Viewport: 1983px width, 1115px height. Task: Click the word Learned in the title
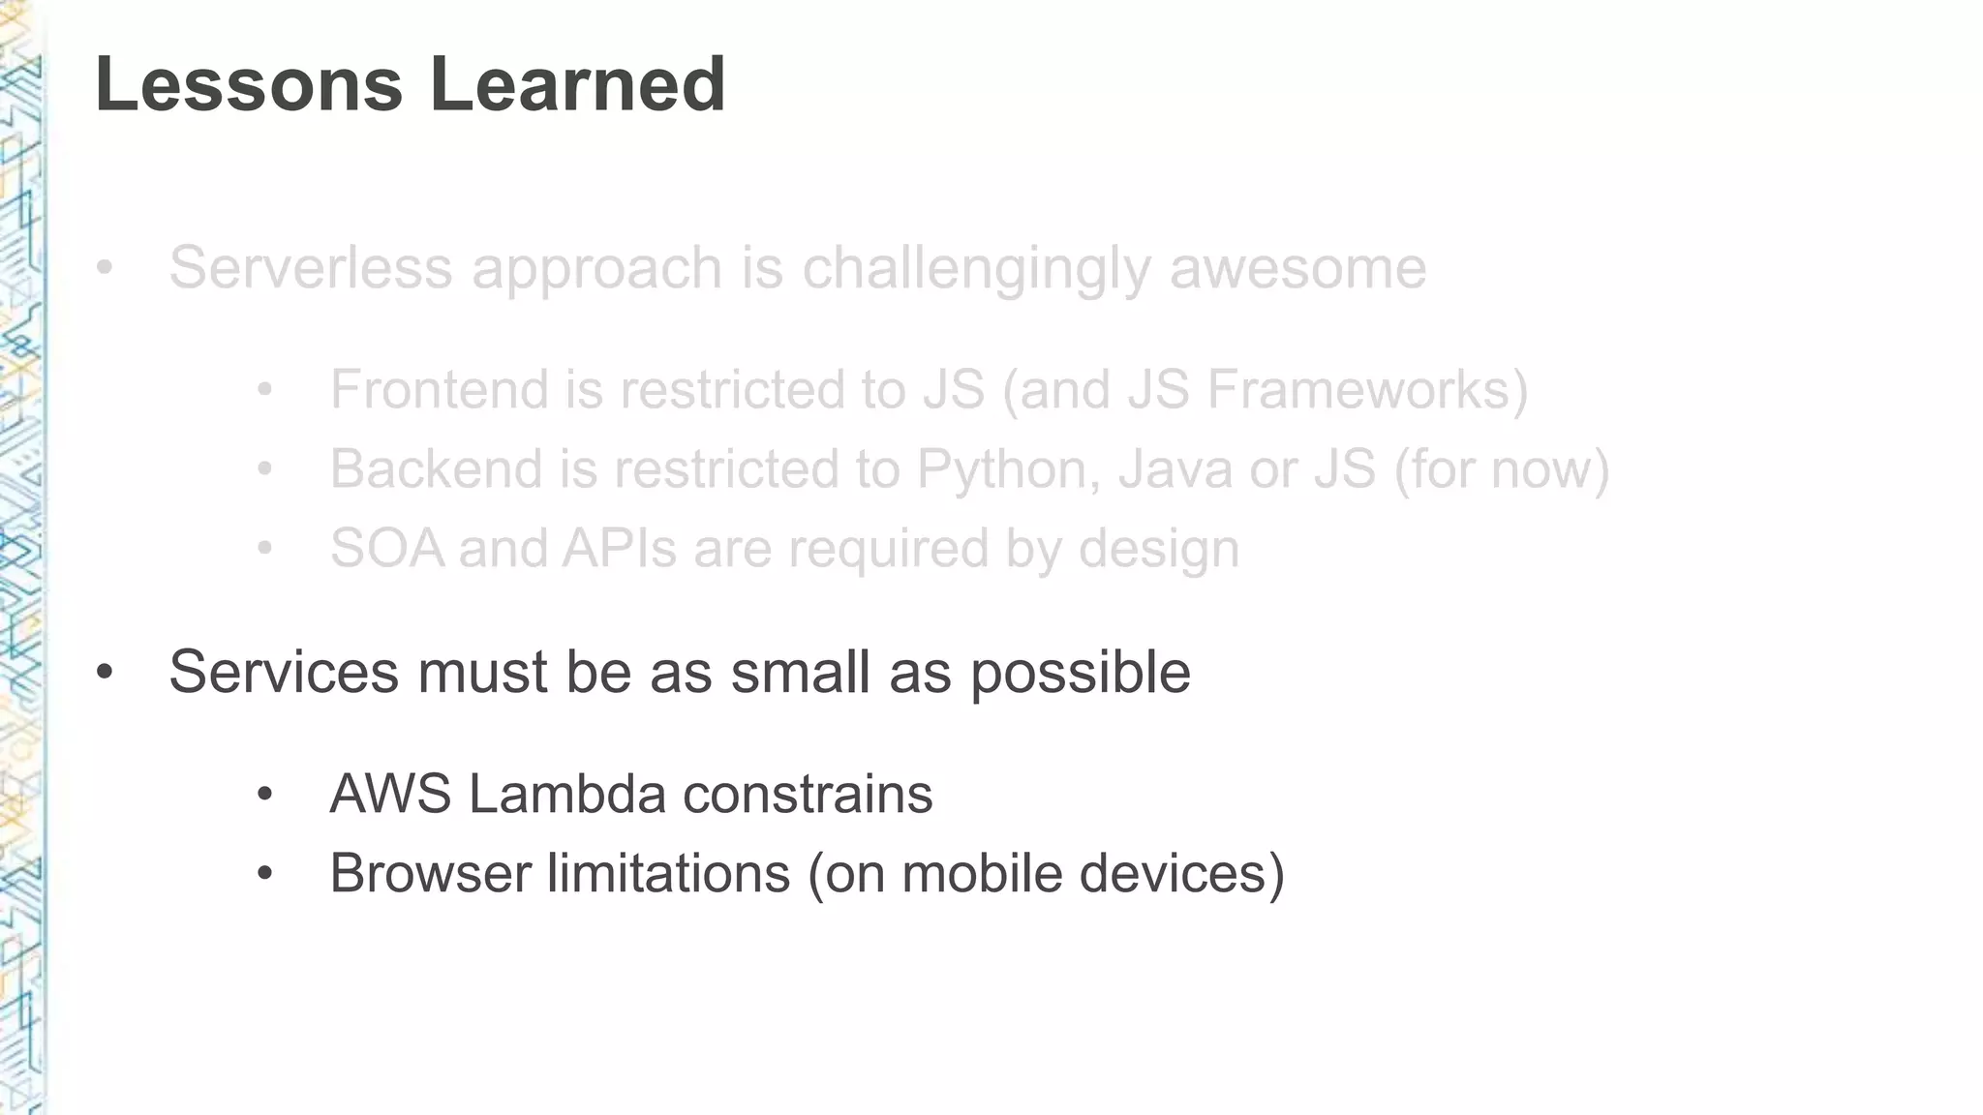click(x=577, y=84)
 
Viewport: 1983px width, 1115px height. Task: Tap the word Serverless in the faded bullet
click(x=311, y=267)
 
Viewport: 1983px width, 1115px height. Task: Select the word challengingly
click(x=976, y=269)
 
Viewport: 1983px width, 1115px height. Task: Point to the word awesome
click(x=1297, y=267)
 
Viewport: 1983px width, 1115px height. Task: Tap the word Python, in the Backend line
click(x=1008, y=470)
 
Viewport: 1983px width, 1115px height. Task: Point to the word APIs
click(x=620, y=548)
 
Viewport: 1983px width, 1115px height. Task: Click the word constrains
click(x=808, y=794)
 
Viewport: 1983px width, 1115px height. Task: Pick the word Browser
click(x=430, y=873)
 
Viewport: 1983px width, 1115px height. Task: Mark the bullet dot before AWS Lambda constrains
click(x=265, y=796)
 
